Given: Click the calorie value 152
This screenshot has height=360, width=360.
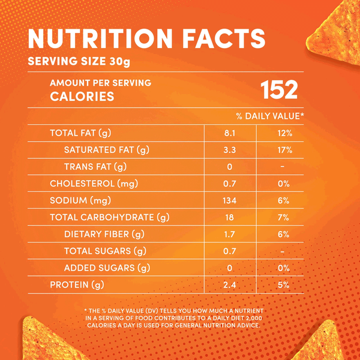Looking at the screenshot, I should coord(279,90).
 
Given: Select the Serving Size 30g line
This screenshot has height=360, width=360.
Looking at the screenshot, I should coord(79,62).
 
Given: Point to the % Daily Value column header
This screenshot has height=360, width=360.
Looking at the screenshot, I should coord(270,116).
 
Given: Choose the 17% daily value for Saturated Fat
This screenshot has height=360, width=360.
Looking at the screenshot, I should coord(285,149).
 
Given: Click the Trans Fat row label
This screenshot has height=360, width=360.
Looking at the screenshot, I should coord(95,166).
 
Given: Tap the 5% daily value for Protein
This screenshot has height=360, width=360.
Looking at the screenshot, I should coord(285,284).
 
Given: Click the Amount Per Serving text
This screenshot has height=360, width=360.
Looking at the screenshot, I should coord(100,83).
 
